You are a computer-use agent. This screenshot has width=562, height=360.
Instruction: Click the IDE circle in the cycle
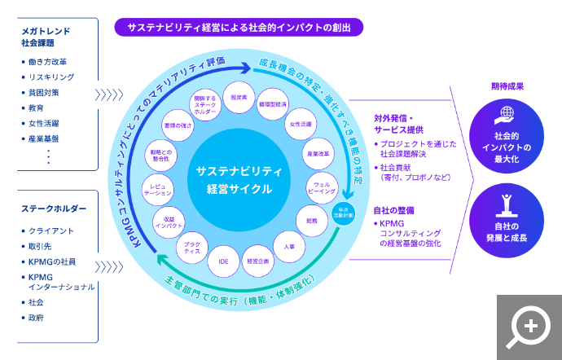pos(223,261)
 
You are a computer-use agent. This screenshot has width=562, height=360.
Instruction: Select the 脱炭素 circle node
pos(239,97)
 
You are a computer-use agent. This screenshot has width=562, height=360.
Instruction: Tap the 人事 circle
pos(290,246)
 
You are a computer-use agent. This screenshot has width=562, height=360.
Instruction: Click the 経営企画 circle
pos(258,261)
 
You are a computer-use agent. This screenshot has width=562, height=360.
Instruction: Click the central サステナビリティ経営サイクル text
pos(239,179)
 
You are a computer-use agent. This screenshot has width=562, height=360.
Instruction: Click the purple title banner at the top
pos(239,27)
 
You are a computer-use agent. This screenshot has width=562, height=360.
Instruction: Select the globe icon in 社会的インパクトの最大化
pos(506,115)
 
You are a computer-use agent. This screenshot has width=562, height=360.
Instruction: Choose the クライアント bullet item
pos(51,231)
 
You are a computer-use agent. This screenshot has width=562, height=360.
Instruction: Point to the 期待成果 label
pos(507,86)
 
